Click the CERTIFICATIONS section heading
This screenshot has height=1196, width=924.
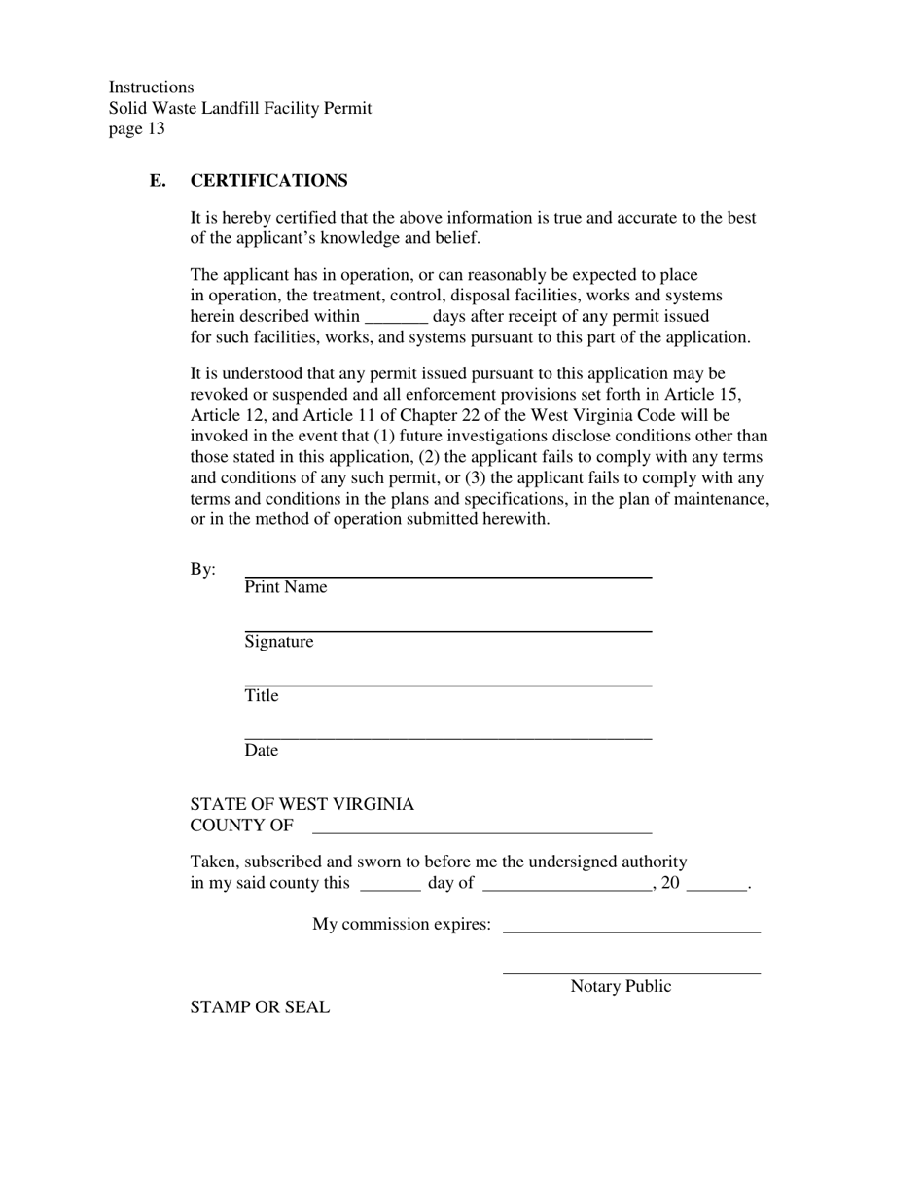268,181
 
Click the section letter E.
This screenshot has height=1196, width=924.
158,181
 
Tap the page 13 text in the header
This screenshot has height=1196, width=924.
137,128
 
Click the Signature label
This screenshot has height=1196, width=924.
279,642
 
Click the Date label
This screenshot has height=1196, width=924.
261,751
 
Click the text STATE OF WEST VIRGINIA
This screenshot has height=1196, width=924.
302,805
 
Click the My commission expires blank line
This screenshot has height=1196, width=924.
631,931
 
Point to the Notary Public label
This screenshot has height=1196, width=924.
621,987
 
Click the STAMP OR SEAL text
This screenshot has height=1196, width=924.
260,1008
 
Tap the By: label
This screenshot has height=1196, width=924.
203,570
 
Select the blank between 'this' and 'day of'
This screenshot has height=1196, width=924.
390,889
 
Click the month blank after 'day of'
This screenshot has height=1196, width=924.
567,889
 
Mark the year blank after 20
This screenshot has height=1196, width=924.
716,889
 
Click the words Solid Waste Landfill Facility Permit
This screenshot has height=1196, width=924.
240,108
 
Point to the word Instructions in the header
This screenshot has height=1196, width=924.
151,88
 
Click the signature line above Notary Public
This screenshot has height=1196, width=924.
631,972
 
